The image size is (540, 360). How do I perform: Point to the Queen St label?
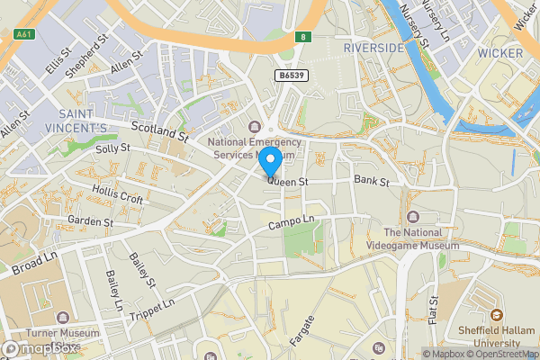coord(288,182)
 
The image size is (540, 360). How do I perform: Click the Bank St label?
coord(371,182)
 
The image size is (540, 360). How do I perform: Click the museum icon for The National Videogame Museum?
coord(413,216)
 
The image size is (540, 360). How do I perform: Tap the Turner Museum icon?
coord(63,318)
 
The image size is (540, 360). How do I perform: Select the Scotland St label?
coord(158,132)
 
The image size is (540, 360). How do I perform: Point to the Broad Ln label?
coord(33,262)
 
